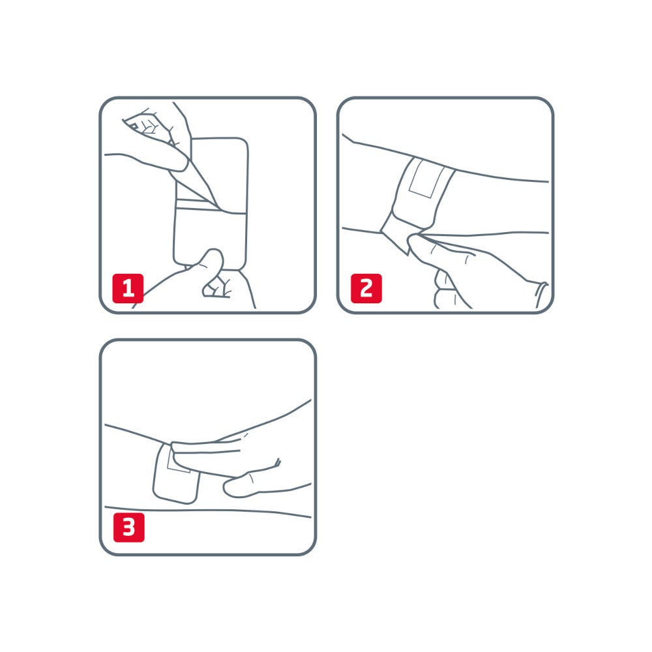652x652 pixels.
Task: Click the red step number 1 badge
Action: click(x=128, y=288)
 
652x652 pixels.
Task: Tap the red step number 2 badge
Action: click(x=366, y=288)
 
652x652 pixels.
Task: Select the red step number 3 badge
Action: click(x=128, y=527)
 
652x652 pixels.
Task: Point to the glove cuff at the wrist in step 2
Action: click(x=541, y=294)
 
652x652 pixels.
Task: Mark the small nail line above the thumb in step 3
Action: click(x=277, y=464)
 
